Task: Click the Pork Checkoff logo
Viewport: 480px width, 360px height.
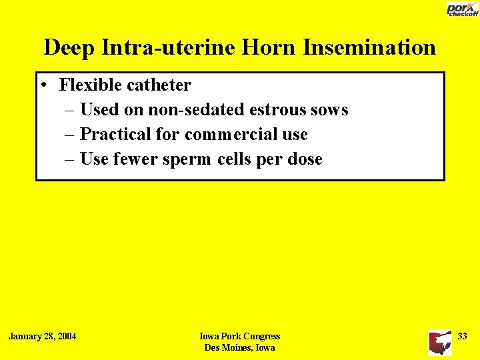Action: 461,9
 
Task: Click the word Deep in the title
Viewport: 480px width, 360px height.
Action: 67,47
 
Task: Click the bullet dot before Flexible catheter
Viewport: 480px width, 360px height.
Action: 43,85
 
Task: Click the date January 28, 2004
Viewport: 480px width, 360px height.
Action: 42,336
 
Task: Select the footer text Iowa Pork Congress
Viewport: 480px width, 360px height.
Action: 240,337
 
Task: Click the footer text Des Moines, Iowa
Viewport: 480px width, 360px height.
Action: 240,347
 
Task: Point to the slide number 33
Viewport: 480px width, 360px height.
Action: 462,336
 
